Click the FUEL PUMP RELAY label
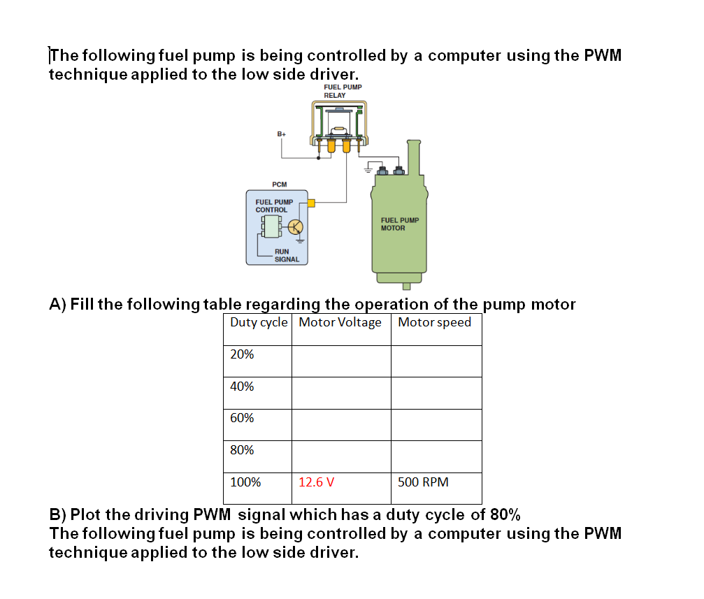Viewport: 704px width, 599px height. [x=343, y=91]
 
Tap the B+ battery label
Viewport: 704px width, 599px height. [x=282, y=133]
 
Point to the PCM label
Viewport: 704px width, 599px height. [x=279, y=185]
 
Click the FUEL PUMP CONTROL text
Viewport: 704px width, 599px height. [x=273, y=205]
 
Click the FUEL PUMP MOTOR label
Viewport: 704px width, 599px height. [x=399, y=224]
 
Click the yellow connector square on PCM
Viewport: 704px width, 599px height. [x=312, y=203]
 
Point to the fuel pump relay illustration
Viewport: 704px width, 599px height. [x=339, y=126]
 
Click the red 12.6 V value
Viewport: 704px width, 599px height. [x=316, y=482]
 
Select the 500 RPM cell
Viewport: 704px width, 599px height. [x=423, y=482]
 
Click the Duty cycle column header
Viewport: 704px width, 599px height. [x=258, y=322]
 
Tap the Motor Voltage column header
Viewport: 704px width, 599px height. [x=340, y=322]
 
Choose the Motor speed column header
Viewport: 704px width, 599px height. [x=434, y=322]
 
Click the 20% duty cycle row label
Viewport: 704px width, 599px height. [x=242, y=354]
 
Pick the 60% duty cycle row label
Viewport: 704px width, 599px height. [x=242, y=418]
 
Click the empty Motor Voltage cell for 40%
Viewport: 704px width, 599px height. [x=340, y=393]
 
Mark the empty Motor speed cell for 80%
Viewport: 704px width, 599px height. [x=436, y=456]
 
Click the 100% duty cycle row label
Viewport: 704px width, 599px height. [x=245, y=482]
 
